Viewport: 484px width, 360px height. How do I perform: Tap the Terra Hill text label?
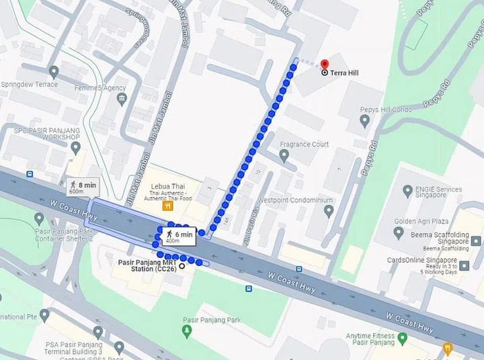pyautogui.click(x=344, y=73)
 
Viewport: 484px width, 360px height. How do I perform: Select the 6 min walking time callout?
pyautogui.click(x=178, y=236)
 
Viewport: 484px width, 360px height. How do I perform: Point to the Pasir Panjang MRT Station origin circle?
pyautogui.click(x=182, y=265)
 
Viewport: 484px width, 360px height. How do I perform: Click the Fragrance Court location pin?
pyautogui.click(x=284, y=156)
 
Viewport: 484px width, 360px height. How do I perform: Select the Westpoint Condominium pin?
pyautogui.click(x=329, y=212)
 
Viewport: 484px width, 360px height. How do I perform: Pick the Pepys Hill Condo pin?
pyautogui.click(x=364, y=121)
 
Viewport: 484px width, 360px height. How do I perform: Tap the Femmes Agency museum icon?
pyautogui.click(x=122, y=100)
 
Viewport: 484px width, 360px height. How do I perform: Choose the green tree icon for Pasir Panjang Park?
pyautogui.click(x=188, y=331)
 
